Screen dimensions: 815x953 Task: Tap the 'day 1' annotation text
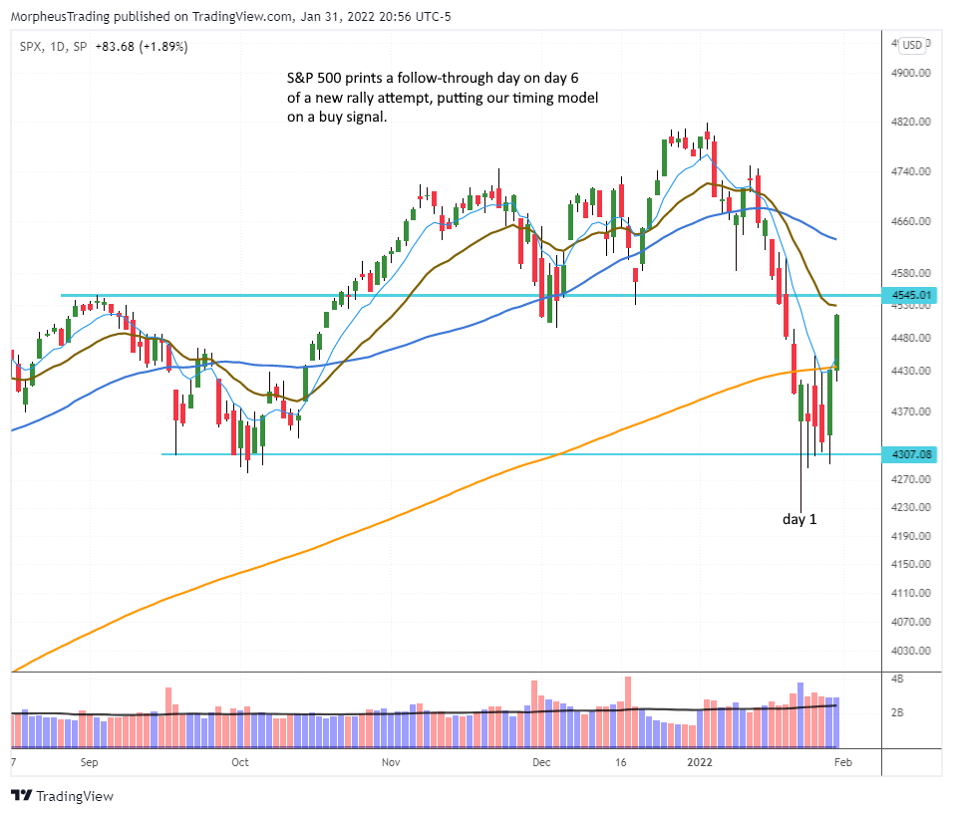pos(804,519)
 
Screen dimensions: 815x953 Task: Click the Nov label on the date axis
pos(391,763)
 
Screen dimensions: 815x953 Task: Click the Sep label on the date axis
pos(89,763)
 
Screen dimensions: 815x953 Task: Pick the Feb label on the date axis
pos(840,763)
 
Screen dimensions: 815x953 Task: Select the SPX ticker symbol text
pos(30,46)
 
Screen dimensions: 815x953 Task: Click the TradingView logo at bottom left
pos(62,796)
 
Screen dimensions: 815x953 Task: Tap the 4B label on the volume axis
pos(898,679)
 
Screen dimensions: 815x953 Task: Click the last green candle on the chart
pos(837,342)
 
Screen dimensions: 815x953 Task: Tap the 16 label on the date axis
pos(621,763)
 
